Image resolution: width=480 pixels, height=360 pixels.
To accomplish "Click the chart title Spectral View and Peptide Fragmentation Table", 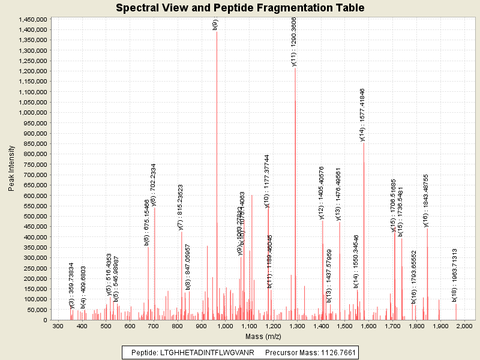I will click(240, 8).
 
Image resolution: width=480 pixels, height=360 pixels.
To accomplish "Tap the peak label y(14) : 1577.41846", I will click(362, 114).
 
